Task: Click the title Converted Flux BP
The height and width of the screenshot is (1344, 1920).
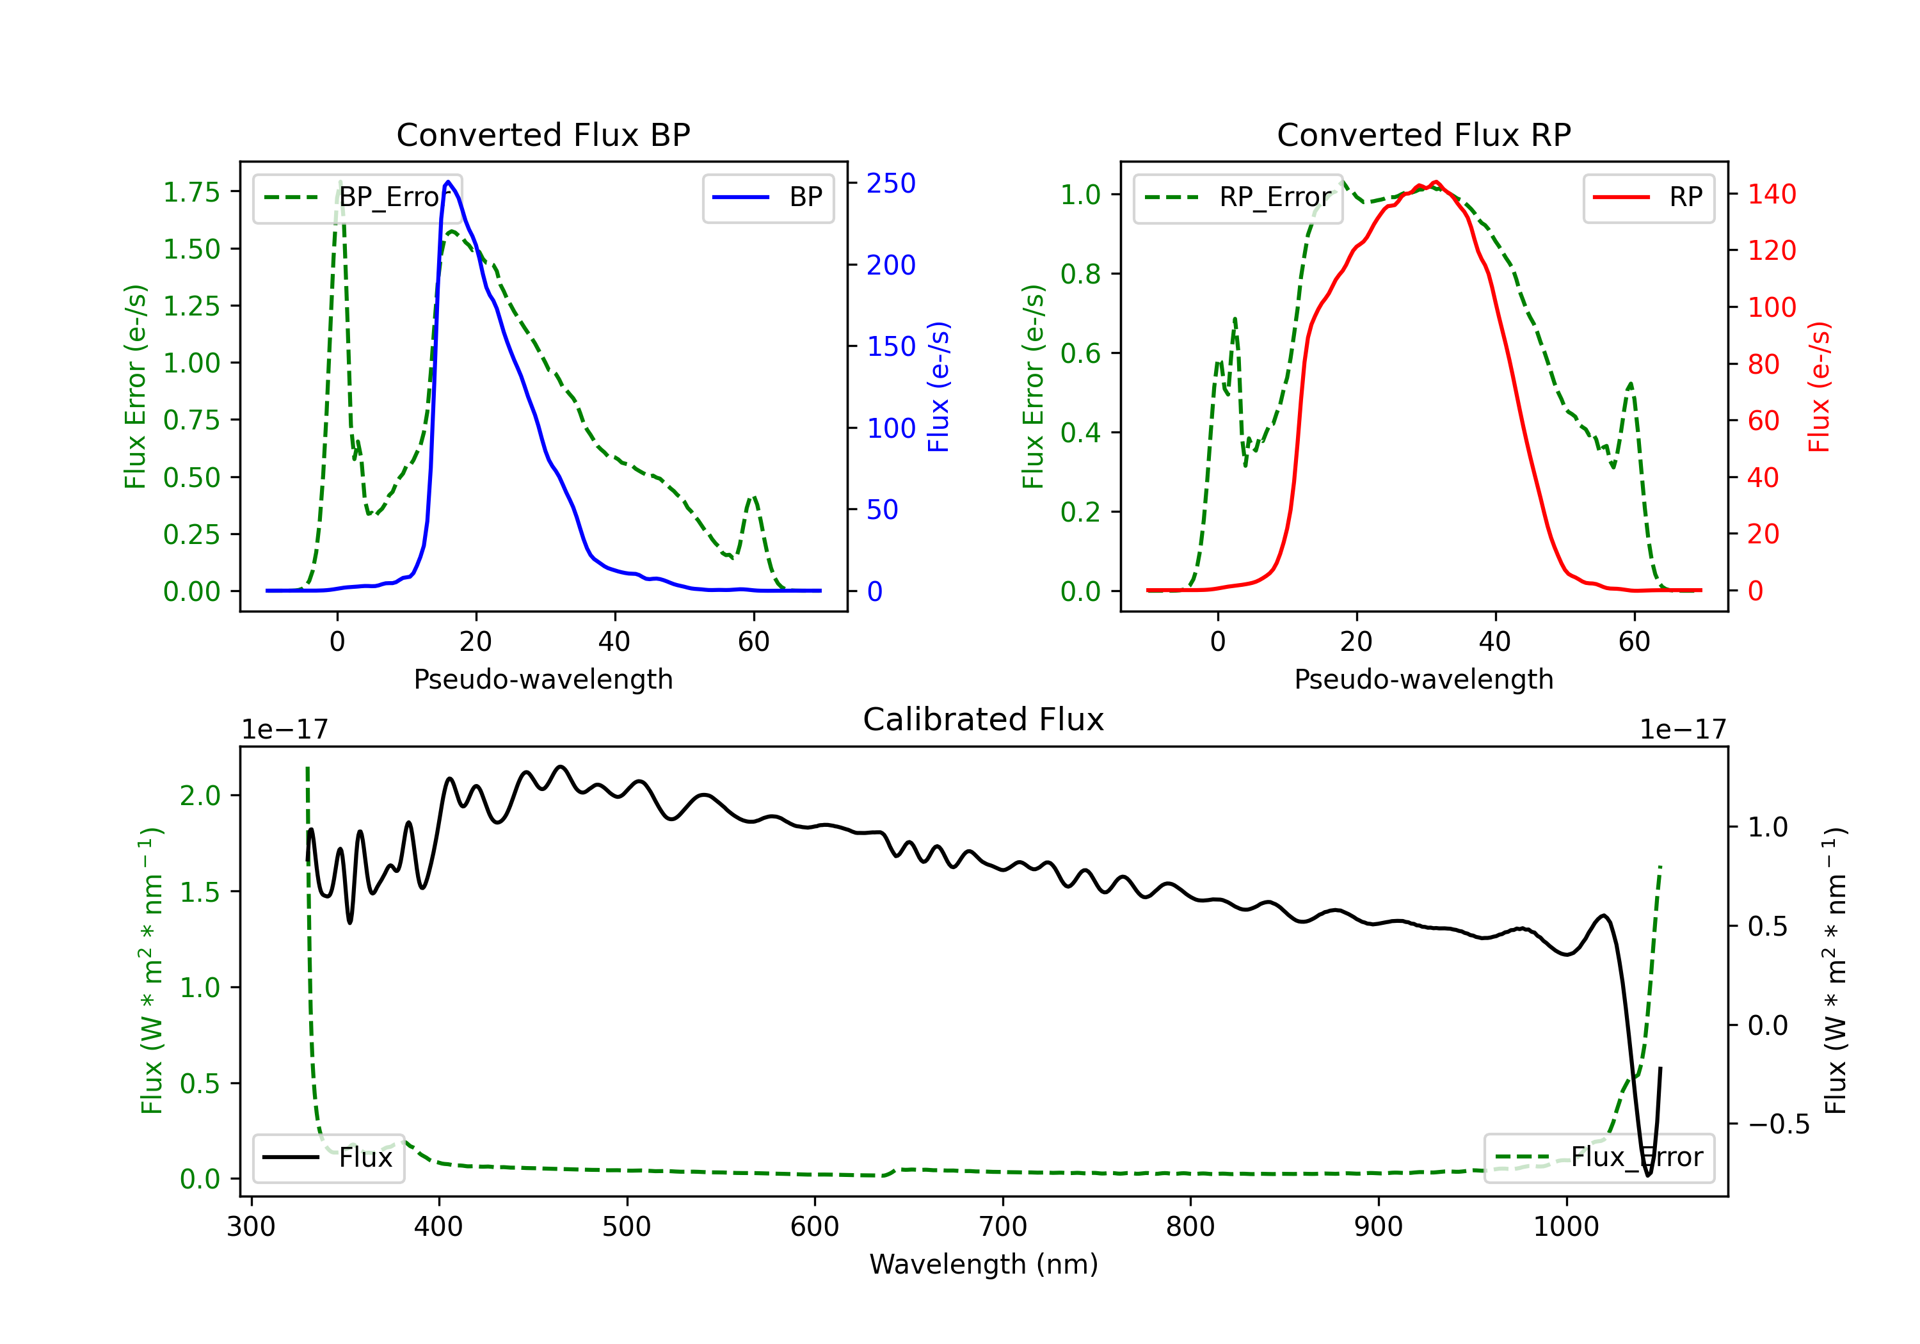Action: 543,134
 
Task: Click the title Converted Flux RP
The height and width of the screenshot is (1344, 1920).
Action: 1423,134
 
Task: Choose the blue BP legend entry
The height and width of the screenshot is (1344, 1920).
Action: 767,197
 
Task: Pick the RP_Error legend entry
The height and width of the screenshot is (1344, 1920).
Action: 1238,197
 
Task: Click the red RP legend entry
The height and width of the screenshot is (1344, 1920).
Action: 1648,197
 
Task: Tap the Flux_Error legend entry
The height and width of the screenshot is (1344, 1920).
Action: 1599,1158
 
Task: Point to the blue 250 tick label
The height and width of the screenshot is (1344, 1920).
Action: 891,183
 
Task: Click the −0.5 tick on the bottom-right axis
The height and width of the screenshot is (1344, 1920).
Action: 1778,1124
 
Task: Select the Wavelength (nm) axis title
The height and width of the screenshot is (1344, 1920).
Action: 984,1265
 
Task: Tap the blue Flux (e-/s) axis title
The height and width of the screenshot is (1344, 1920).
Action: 938,387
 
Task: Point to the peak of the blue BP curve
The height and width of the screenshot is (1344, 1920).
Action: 448,182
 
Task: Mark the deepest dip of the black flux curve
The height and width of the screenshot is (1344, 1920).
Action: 1648,1175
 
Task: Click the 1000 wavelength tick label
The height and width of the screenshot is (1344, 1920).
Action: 1565,1227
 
